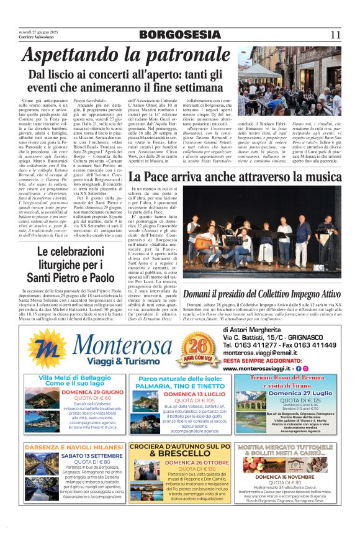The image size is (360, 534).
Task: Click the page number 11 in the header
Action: coord(336,35)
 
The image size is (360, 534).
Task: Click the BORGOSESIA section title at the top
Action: coord(180,35)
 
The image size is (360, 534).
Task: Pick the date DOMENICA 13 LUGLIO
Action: coord(180,394)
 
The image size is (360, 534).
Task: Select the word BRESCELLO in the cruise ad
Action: coord(181,454)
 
